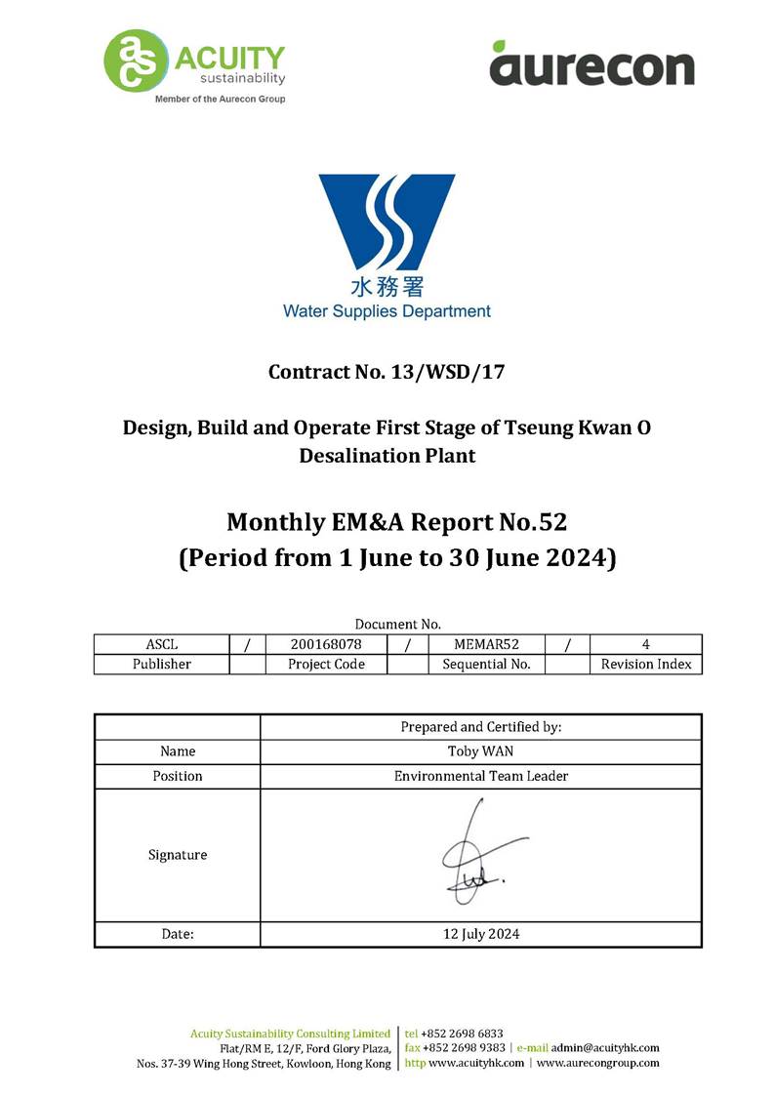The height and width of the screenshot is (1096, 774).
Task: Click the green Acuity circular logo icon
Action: coord(135,61)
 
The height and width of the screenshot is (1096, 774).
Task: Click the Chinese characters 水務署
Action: coord(387,288)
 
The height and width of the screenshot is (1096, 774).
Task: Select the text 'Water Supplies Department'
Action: coord(387,311)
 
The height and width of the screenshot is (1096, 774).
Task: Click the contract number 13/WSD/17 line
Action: coord(387,372)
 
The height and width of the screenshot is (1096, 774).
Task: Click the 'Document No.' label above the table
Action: coord(398,624)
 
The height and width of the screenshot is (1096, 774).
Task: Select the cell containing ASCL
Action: coord(161,644)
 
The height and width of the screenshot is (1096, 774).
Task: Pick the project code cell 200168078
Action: coord(326,644)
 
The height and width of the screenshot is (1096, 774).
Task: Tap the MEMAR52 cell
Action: coord(485,644)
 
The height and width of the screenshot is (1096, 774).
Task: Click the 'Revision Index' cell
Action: coord(645,664)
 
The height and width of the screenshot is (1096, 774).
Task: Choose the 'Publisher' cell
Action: coord(161,664)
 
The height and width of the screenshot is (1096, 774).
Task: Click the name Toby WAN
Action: coord(480,751)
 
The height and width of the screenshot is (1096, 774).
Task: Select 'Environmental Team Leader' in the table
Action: coord(480,776)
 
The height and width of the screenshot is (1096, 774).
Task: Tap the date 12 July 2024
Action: coord(480,934)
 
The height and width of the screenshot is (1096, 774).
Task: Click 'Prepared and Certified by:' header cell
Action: coord(480,727)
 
